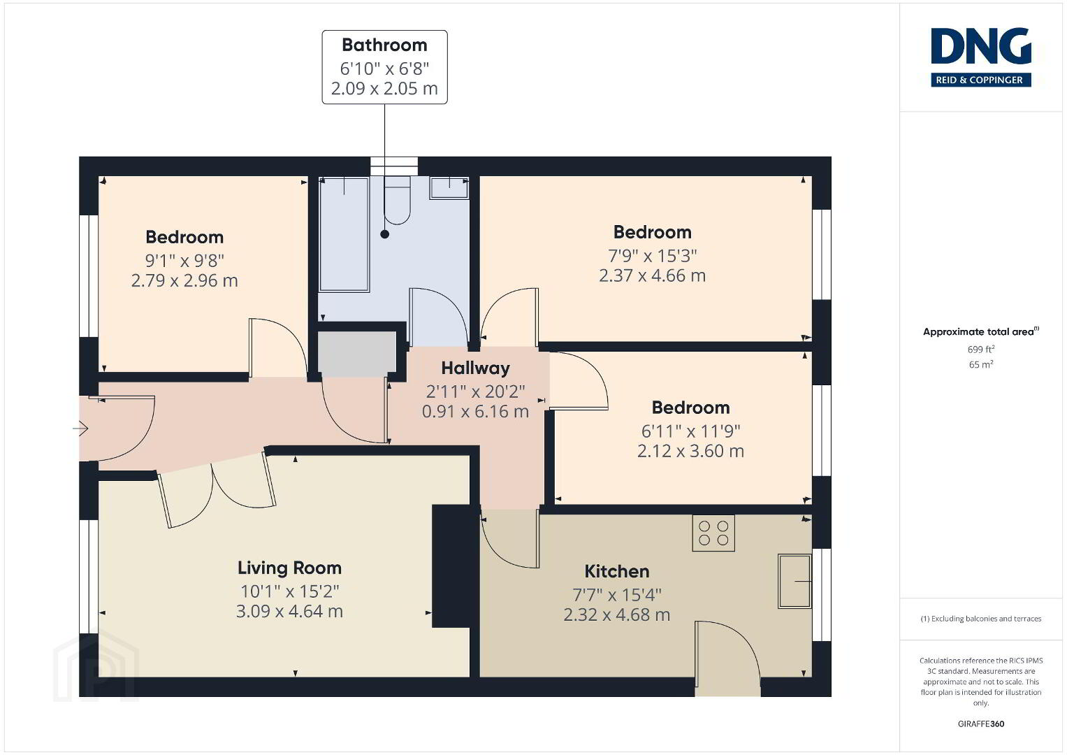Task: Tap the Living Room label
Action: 289,568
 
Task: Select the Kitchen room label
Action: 617,571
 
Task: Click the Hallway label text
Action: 475,368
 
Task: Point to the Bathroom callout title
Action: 384,45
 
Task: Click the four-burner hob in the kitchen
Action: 713,533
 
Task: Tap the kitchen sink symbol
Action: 794,581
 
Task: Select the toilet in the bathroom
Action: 398,201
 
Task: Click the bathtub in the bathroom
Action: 344,233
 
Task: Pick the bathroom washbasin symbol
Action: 449,188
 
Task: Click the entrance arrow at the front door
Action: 80,429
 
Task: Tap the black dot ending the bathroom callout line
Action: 385,234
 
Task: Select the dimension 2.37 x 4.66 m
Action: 652,275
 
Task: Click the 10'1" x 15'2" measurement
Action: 289,591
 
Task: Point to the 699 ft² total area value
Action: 981,350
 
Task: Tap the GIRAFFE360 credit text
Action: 981,724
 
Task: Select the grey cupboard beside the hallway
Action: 357,353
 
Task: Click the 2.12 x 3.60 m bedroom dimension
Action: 690,451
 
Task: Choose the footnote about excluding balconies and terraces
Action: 981,619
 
